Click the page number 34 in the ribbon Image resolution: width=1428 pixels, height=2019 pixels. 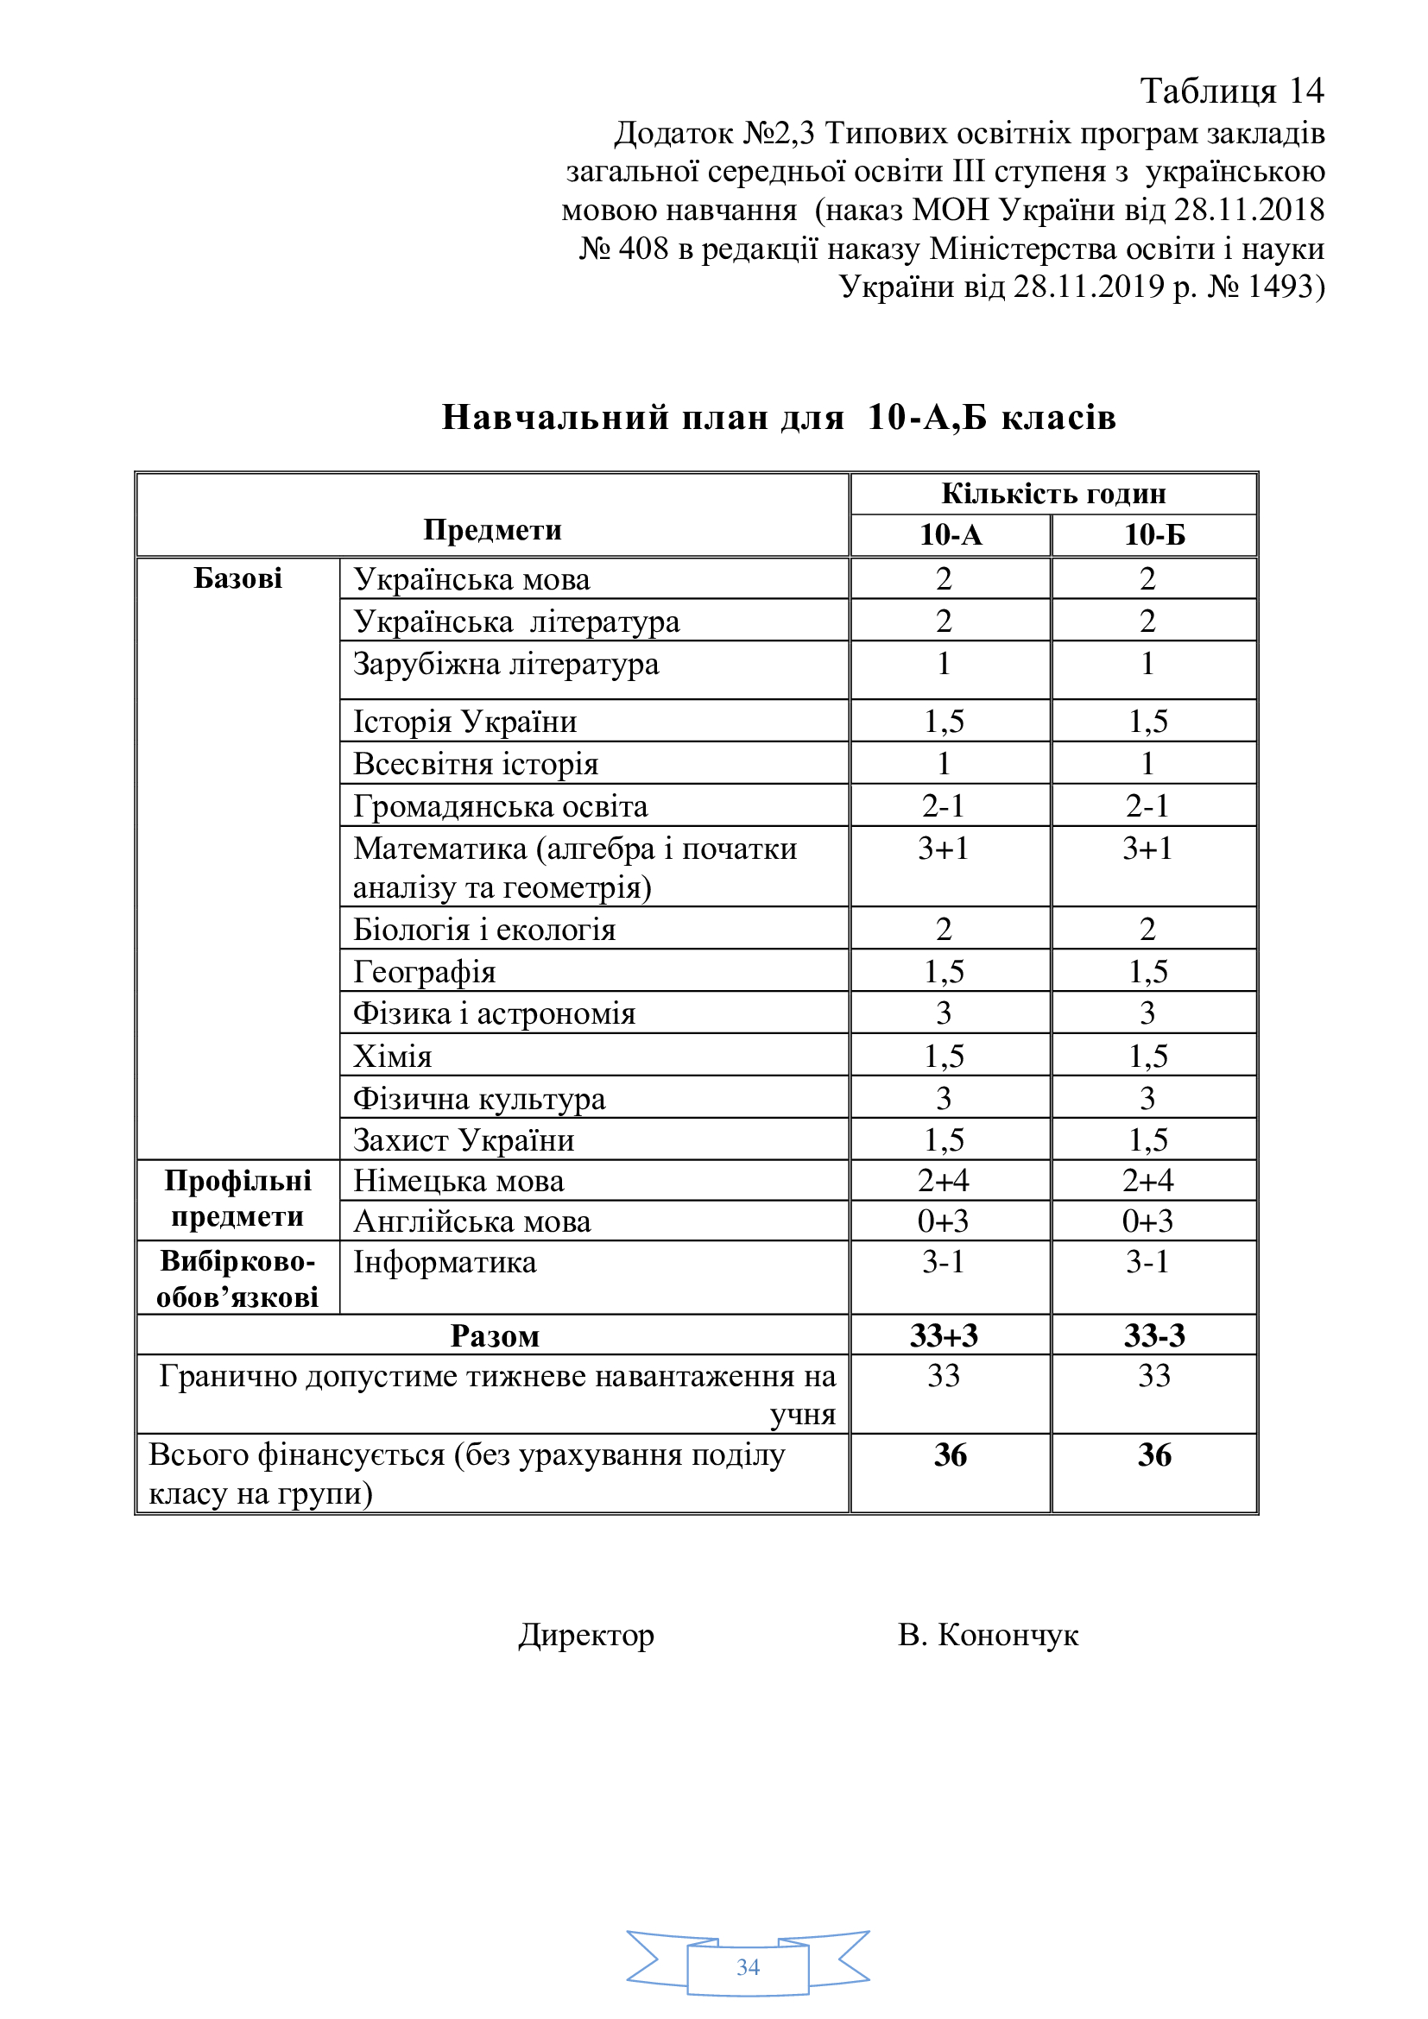pos(748,1967)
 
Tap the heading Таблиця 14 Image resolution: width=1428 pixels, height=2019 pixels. pos(1231,91)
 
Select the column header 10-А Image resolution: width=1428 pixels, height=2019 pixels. pos(950,534)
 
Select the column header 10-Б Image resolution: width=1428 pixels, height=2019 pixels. pos(1153,534)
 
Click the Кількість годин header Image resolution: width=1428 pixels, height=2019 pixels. pos(1052,494)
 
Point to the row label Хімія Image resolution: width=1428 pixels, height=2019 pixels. pos(392,1056)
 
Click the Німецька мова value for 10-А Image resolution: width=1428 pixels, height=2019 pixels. pos(943,1181)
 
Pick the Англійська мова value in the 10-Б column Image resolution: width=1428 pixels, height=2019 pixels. pos(1147,1221)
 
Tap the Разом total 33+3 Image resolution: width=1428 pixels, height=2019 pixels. pos(943,1335)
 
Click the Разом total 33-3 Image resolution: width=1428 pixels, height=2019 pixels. pos(1153,1335)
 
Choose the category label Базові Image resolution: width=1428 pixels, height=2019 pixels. pos(237,578)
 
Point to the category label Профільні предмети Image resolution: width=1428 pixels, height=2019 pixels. pos(237,1199)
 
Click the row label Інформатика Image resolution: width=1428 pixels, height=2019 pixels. pos(444,1263)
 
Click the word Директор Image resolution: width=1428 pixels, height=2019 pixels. pos(585,1635)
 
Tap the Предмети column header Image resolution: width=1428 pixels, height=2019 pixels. pos(491,529)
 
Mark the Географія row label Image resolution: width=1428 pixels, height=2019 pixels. pos(424,972)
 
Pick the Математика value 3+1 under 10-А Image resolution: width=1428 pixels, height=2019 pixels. pos(943,849)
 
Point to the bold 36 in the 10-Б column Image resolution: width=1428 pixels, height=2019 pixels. pos(1153,1455)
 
